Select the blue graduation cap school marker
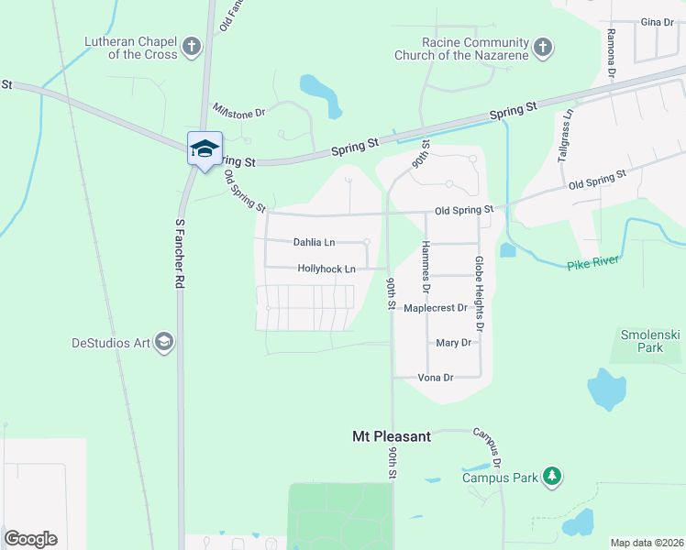pyautogui.click(x=205, y=148)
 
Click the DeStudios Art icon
pyautogui.click(x=164, y=343)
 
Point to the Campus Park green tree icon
pyautogui.click(x=551, y=476)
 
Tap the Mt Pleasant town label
pyautogui.click(x=392, y=437)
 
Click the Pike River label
pyautogui.click(x=593, y=262)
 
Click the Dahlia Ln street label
pyautogui.click(x=314, y=243)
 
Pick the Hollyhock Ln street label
pyautogui.click(x=326, y=269)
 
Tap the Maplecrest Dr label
pyautogui.click(x=436, y=309)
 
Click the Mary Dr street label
pyautogui.click(x=453, y=343)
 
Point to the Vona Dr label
pyautogui.click(x=436, y=377)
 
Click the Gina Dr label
pyautogui.click(x=657, y=22)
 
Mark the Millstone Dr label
pyautogui.click(x=238, y=112)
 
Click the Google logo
pyautogui.click(x=31, y=539)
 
